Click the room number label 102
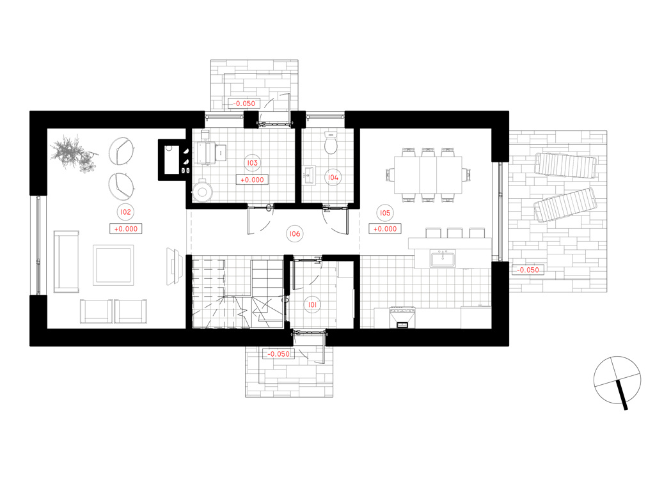pyautogui.click(x=126, y=212)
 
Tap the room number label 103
pyautogui.click(x=252, y=163)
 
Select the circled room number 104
pyautogui.click(x=333, y=178)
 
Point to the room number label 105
pyautogui.click(x=384, y=213)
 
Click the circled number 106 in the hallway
pyautogui.click(x=295, y=234)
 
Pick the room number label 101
pyautogui.click(x=312, y=305)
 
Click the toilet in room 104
pyautogui.click(x=331, y=143)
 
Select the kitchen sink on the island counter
pyautogui.click(x=443, y=258)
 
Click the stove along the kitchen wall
pyautogui.click(x=402, y=318)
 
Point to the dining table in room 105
pyautogui.click(x=428, y=175)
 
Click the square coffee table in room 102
pyautogui.click(x=113, y=265)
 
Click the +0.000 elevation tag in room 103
pyautogui.click(x=252, y=180)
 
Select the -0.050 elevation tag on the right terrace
pyautogui.click(x=528, y=270)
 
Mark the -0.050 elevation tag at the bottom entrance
pyautogui.click(x=278, y=354)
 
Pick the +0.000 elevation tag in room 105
pyautogui.click(x=384, y=229)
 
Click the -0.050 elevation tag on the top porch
pyautogui.click(x=244, y=103)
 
